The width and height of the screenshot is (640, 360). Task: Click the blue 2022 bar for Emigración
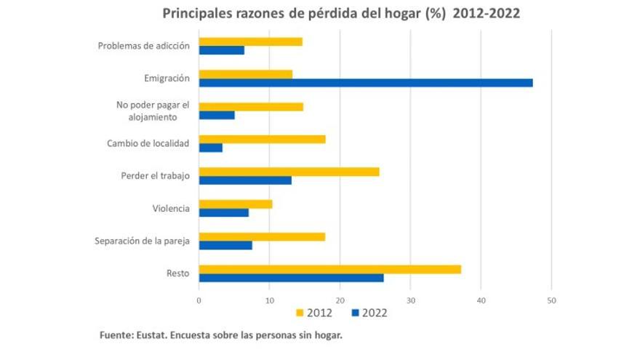coord(366,83)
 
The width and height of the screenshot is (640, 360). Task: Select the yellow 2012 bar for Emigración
coord(246,74)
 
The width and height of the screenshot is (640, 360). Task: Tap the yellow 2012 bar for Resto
coord(329,270)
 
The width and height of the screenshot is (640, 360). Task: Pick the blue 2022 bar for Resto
coord(291,278)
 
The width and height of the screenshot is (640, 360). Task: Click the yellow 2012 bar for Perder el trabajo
coord(289,172)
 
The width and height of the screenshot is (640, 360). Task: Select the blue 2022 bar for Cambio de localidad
coord(211,148)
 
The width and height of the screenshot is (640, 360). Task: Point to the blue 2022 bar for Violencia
coord(224,212)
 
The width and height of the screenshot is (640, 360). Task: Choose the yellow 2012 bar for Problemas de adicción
coord(250,41)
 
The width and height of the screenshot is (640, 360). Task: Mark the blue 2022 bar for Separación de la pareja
coord(225,245)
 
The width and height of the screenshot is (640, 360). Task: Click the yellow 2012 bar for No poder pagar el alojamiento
coord(251,107)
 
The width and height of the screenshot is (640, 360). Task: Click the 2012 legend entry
coord(315,313)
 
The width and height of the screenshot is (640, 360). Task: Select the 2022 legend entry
coord(369,313)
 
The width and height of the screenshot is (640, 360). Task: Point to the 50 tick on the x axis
coord(551,300)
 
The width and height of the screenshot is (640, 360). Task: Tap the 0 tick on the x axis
coord(199,300)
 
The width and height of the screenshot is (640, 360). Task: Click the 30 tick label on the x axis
coord(410,300)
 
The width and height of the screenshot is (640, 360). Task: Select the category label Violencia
coord(171,209)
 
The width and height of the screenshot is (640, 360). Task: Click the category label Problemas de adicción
coord(144,46)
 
